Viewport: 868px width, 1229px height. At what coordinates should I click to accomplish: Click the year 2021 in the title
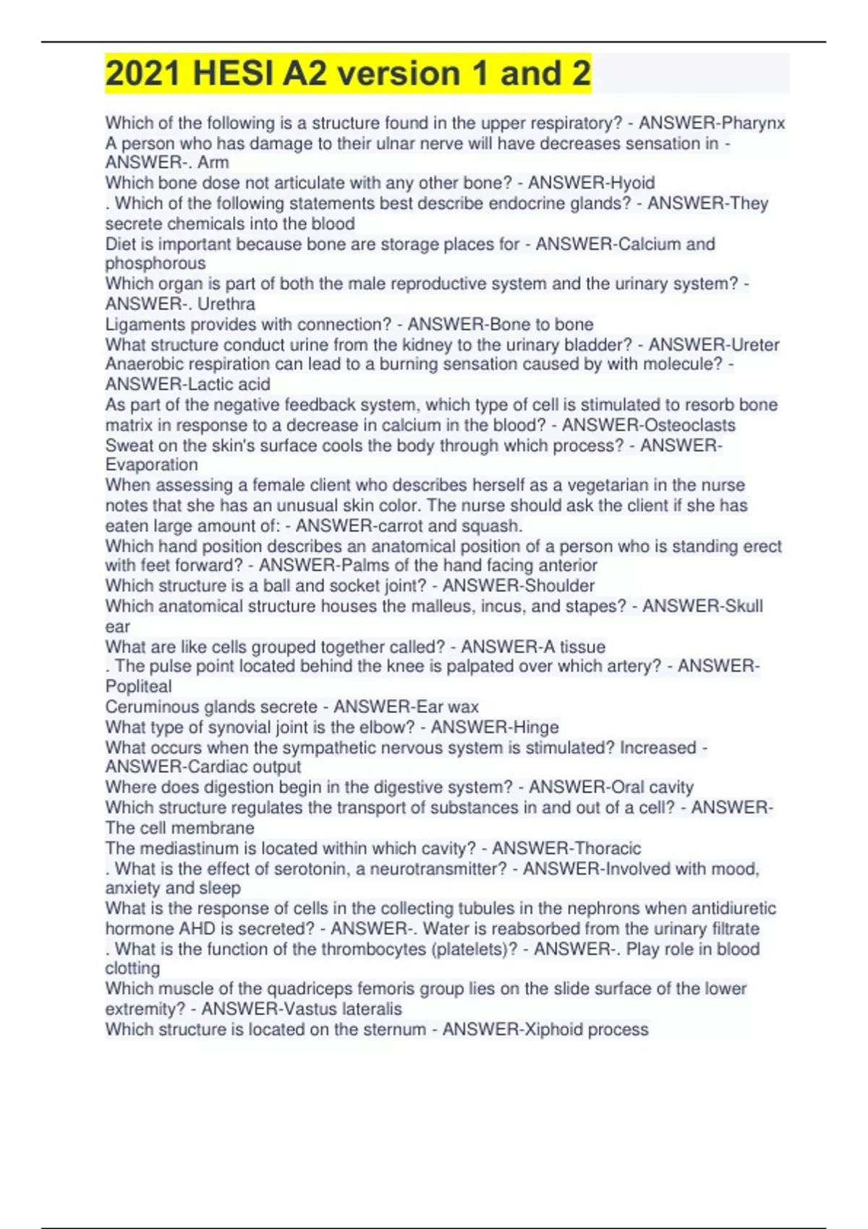(142, 74)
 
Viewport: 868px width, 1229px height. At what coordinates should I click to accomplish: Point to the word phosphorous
(156, 264)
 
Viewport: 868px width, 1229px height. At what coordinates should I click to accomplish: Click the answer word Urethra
(226, 304)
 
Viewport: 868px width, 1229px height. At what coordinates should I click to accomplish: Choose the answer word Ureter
(754, 345)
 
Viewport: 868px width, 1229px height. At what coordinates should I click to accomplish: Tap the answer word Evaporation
(151, 465)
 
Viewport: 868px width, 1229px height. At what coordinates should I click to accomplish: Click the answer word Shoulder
(558, 586)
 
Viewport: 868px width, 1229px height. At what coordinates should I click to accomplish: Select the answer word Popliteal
(138, 686)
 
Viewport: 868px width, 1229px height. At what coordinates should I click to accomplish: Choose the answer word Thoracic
(605, 848)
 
